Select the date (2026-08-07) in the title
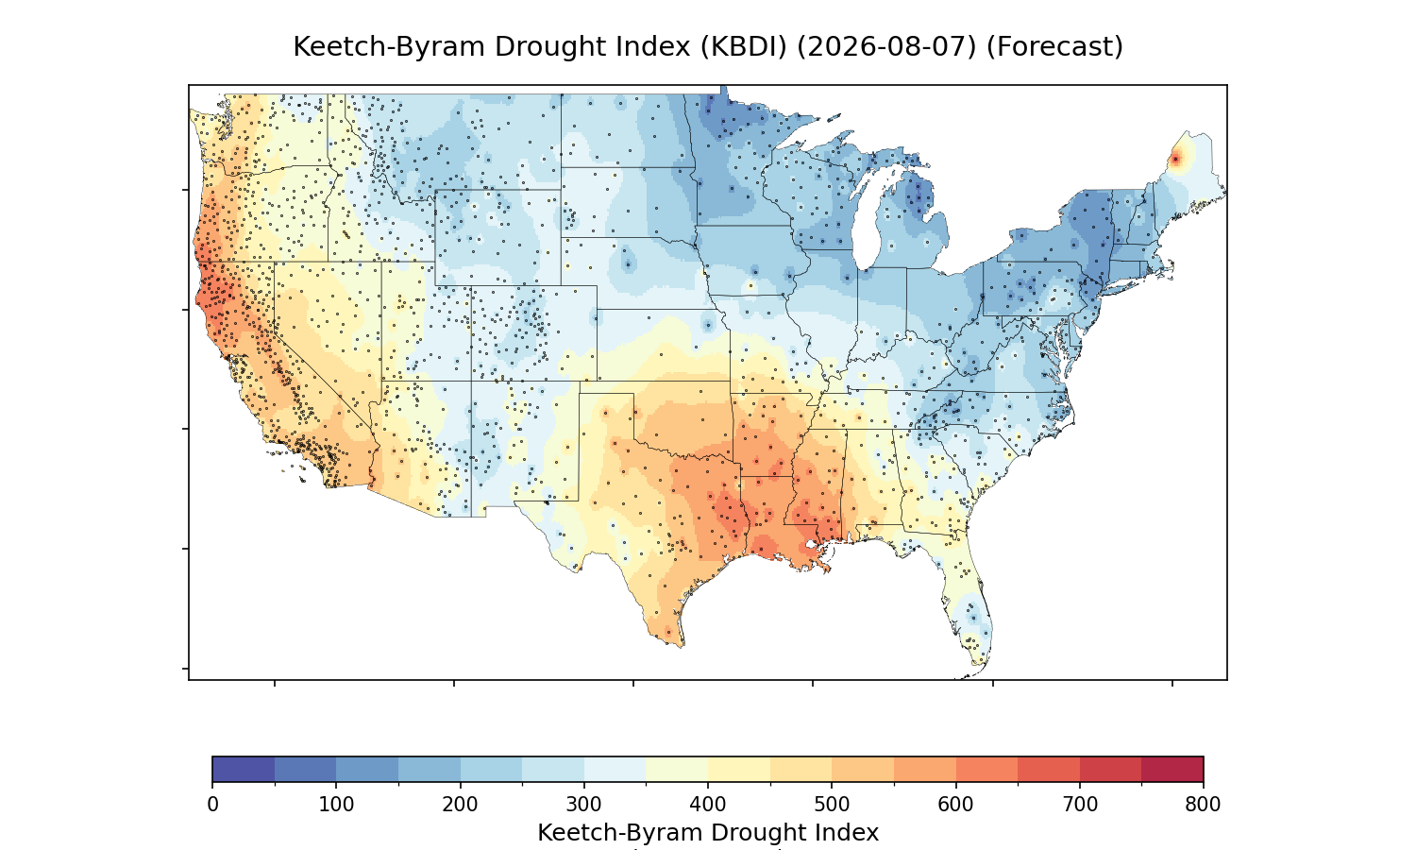click(x=886, y=47)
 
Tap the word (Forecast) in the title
click(x=1054, y=47)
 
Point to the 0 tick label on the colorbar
click(x=212, y=805)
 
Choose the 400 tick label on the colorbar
click(x=707, y=805)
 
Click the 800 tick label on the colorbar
click(x=1203, y=805)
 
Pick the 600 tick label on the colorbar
click(x=955, y=805)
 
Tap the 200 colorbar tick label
click(x=460, y=805)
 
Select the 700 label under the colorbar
click(x=1079, y=805)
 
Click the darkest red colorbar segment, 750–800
click(x=1172, y=769)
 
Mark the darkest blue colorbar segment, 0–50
click(x=244, y=769)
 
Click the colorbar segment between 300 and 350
click(x=615, y=769)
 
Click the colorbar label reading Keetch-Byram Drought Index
click(x=708, y=833)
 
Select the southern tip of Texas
click(x=682, y=645)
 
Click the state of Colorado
click(x=533, y=333)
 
